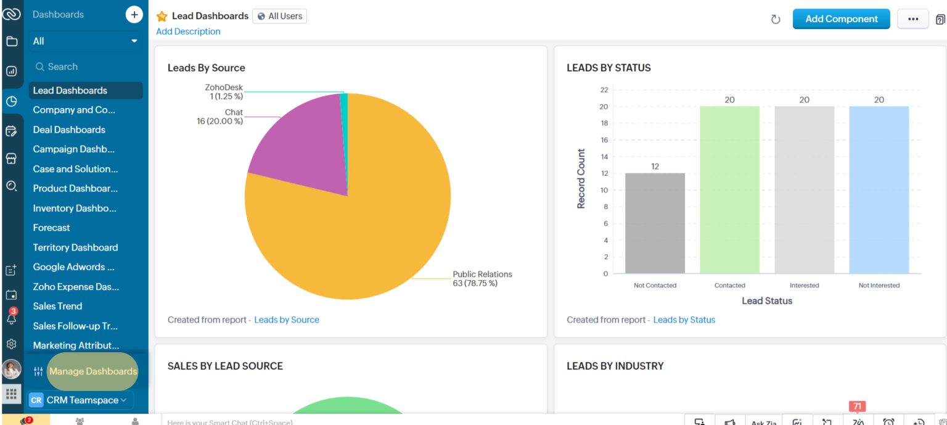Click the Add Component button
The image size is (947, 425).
tap(841, 19)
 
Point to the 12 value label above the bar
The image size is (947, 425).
tap(655, 167)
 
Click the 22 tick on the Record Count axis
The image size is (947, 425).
tap(604, 90)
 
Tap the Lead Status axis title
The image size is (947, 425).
tap(767, 301)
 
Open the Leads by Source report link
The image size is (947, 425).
tap(287, 320)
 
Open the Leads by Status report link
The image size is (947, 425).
tap(684, 320)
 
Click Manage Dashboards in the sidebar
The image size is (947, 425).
tap(93, 371)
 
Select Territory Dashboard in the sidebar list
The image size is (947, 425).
tap(75, 247)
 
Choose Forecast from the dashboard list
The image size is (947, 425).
tap(52, 228)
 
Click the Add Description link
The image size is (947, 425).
tap(188, 31)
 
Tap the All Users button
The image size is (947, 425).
tap(279, 16)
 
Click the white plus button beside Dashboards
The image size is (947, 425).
tap(134, 14)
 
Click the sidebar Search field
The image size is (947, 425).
tap(85, 67)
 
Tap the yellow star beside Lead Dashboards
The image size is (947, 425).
tap(162, 17)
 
